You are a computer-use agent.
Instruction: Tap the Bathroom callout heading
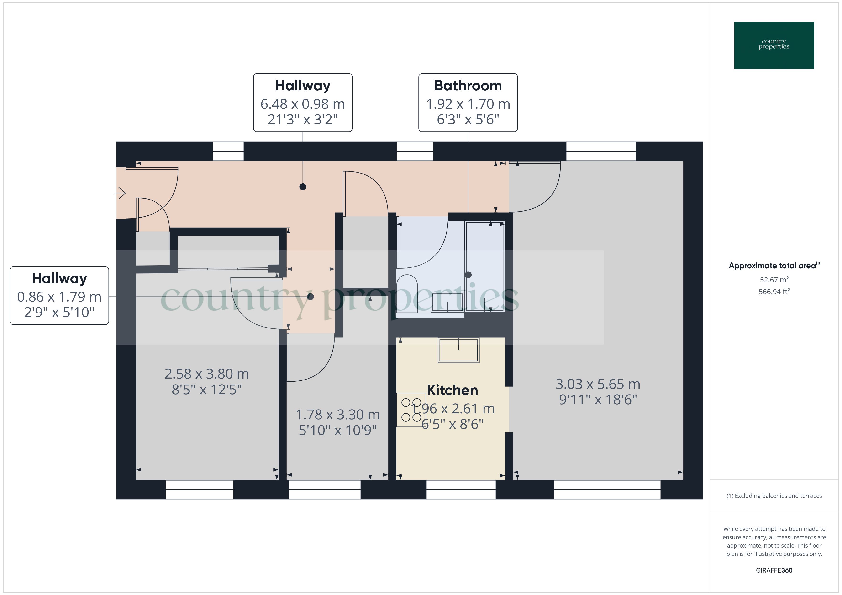tap(468, 85)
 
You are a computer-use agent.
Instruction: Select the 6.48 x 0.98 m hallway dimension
tap(303, 104)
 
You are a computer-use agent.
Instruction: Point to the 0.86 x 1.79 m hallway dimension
tap(59, 297)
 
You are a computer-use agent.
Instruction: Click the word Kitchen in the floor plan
tap(453, 390)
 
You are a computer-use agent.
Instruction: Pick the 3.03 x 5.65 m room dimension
tap(598, 384)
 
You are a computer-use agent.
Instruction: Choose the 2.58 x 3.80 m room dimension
tap(206, 374)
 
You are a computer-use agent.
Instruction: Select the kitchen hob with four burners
tap(411, 410)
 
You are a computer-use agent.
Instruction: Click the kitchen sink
tap(458, 350)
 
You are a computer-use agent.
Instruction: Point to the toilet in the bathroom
tap(407, 289)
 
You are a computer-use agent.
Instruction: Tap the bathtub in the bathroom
tap(485, 266)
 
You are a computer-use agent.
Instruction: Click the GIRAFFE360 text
tap(774, 570)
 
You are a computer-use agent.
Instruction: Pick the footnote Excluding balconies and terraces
tap(774, 496)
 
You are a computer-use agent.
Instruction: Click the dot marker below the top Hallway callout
tap(303, 187)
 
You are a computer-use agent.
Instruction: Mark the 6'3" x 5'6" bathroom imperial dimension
tap(468, 119)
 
